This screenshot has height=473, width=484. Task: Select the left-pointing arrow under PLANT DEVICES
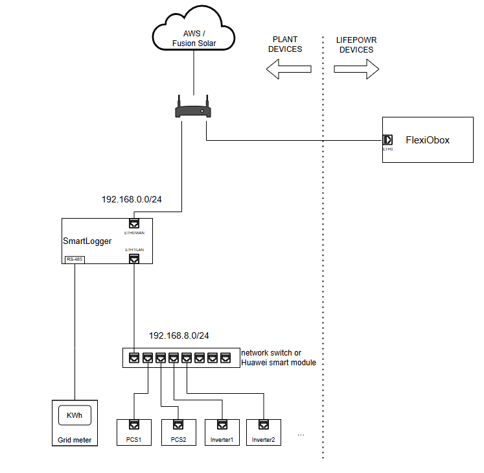pos(289,69)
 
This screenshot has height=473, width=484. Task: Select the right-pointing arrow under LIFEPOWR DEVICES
pos(356,69)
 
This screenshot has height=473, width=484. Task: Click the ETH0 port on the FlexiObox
pos(387,139)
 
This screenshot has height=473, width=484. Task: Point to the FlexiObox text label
pos(427,139)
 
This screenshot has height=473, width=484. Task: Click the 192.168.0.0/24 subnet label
pos(132,199)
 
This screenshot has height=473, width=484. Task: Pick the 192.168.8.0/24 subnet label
pos(179,335)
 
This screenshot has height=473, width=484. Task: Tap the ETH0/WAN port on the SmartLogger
pos(134,223)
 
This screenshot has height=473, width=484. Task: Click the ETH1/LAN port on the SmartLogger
pos(134,258)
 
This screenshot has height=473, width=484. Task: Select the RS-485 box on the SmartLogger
pos(75,260)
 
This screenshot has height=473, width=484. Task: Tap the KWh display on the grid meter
pos(75,415)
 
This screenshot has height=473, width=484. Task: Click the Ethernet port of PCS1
pos(134,426)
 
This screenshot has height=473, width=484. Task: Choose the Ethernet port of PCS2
pos(178,426)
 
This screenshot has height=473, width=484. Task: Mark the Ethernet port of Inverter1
pos(222,426)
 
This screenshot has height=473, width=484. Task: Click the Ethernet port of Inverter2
pos(264,426)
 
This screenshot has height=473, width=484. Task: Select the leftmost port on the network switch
pos(133,358)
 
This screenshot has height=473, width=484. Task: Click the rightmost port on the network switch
pos(225,358)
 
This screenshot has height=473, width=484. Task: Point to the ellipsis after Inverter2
pos(301,433)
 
